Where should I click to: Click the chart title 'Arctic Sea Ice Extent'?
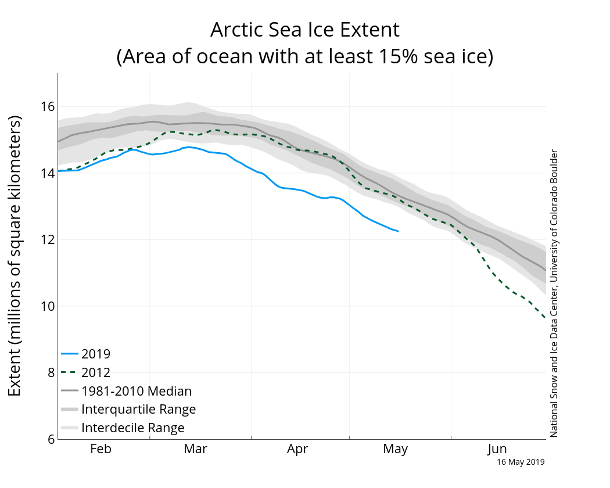pos(304,30)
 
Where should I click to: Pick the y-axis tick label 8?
pos(50,373)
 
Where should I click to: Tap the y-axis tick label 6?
pos(50,440)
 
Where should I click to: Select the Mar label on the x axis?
pos(195,449)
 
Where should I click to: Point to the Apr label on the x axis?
pos(297,449)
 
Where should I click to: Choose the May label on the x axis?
pos(395,449)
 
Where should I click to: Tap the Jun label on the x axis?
pos(497,449)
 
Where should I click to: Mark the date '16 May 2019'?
pos(521,462)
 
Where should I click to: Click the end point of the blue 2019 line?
pos(398,231)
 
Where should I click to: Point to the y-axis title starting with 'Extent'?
pos(15,256)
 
